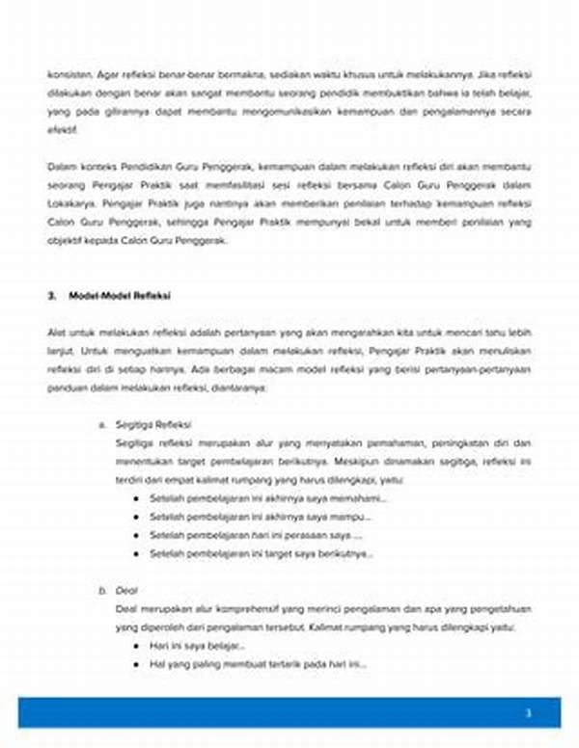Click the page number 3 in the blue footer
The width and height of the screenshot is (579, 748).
528,713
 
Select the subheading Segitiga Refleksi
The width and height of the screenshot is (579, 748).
153,424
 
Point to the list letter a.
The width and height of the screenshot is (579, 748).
101,424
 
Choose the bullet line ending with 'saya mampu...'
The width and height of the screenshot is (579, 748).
261,517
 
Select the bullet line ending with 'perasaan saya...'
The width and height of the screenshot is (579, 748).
256,535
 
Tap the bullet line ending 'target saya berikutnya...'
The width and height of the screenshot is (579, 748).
261,553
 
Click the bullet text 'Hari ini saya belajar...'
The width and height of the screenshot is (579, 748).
197,646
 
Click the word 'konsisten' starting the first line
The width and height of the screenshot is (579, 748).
67,73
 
